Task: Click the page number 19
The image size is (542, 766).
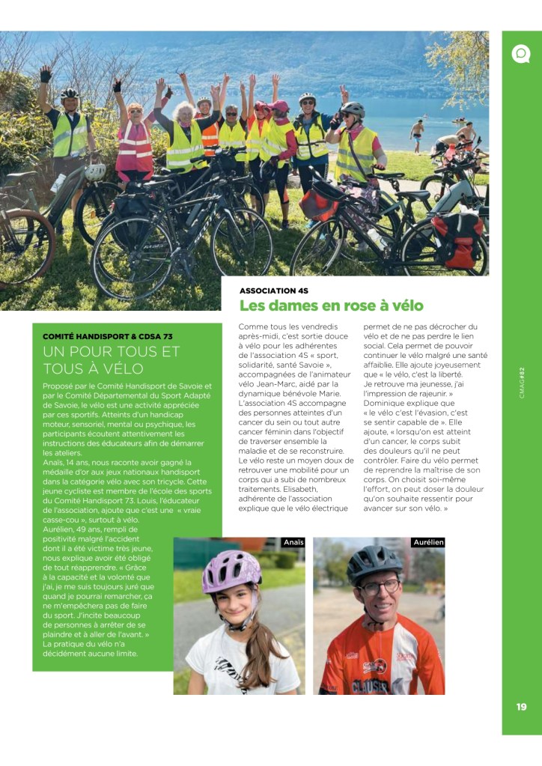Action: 521,706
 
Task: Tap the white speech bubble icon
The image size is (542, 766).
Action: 521,54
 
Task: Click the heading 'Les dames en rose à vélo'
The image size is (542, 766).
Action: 331,306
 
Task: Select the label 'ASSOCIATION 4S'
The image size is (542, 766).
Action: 274,290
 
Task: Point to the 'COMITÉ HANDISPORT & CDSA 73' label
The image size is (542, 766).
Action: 108,336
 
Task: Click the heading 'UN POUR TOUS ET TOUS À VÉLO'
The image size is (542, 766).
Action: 112,359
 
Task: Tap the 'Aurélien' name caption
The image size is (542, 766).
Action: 428,542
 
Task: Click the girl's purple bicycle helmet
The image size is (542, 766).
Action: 231,571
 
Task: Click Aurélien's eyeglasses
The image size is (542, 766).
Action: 380,586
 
